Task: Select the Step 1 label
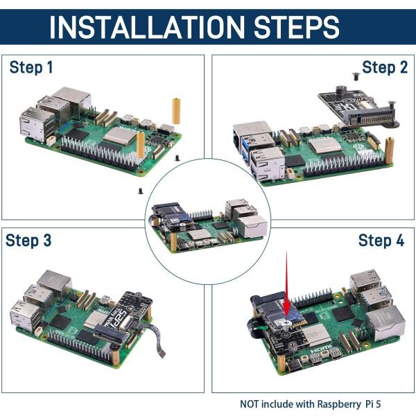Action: (x=31, y=68)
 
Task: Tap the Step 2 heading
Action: (x=384, y=67)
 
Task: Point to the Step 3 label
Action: (x=28, y=241)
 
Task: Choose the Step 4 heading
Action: (x=381, y=241)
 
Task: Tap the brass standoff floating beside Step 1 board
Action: (x=176, y=111)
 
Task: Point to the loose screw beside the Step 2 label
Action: (x=356, y=76)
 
